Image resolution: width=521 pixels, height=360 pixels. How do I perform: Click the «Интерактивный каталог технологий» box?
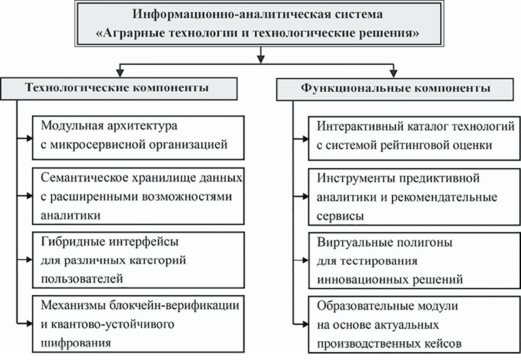point(415,137)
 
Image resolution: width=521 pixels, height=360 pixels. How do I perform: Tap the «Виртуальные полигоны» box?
point(415,257)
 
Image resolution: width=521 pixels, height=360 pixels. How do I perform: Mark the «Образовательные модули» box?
point(415,322)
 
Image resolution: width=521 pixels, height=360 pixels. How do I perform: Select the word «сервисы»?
point(339,216)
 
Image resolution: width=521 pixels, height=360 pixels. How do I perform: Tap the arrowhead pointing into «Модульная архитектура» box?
point(28,138)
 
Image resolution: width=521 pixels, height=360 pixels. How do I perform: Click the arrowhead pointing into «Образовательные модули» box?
point(304,322)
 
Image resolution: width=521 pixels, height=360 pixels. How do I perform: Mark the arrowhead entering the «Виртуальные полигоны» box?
point(304,258)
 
